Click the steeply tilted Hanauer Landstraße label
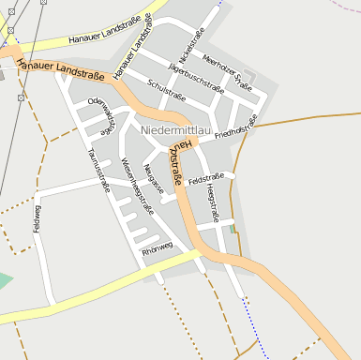[x=132, y=46]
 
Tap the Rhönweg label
[x=158, y=248]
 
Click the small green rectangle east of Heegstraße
[x=233, y=229]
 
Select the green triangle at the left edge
[x=5, y=279]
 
